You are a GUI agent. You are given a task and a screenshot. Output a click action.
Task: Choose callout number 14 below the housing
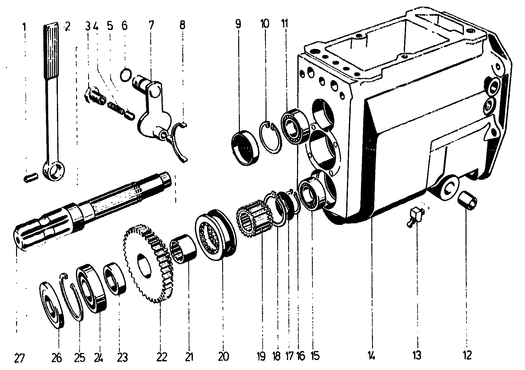coord(372,356)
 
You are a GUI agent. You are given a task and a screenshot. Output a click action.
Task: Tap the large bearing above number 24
coord(92,288)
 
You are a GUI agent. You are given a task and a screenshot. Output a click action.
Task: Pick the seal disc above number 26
coord(51,304)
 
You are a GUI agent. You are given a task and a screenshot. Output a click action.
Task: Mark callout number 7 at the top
coord(151,25)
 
